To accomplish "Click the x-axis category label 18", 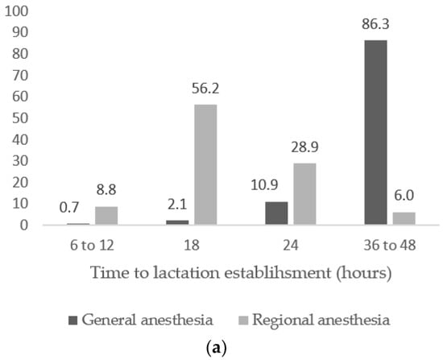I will [x=193, y=245].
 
